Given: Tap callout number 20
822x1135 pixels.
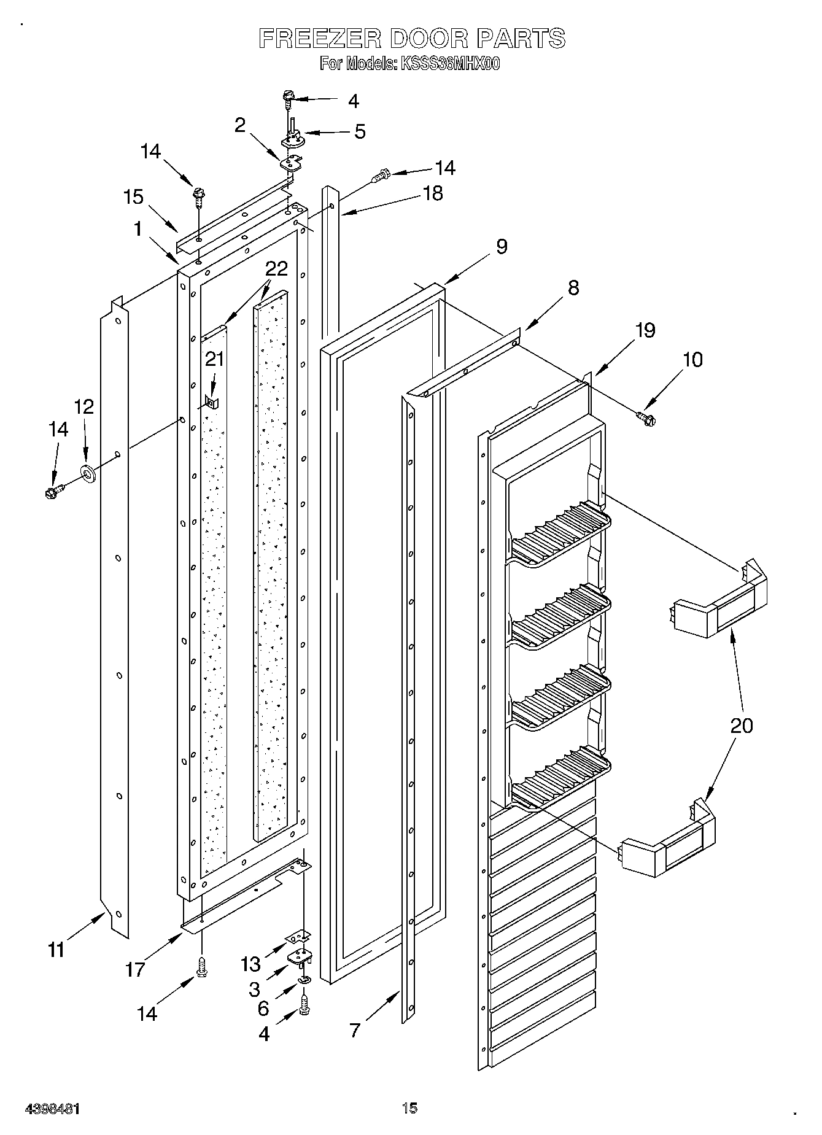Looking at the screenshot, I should tap(742, 726).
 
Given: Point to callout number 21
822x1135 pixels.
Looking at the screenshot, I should tap(214, 359).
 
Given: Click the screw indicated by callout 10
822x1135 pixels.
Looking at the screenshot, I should tap(646, 418).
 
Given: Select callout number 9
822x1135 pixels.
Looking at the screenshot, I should tap(502, 247).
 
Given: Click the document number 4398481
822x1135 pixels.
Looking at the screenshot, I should tap(52, 1109).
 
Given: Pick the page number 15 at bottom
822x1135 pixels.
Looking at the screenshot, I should tap(410, 1107).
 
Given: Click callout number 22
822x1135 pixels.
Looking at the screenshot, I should tap(276, 269).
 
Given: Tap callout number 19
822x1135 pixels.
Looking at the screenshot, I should tap(645, 330).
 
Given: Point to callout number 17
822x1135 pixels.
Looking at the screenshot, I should tap(135, 969).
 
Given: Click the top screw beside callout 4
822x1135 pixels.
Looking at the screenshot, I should tap(289, 97).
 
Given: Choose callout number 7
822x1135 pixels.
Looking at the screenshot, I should tap(355, 1031).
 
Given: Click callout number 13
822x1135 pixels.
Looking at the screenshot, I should tap(251, 964).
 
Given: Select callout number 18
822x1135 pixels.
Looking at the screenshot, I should tap(433, 193).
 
